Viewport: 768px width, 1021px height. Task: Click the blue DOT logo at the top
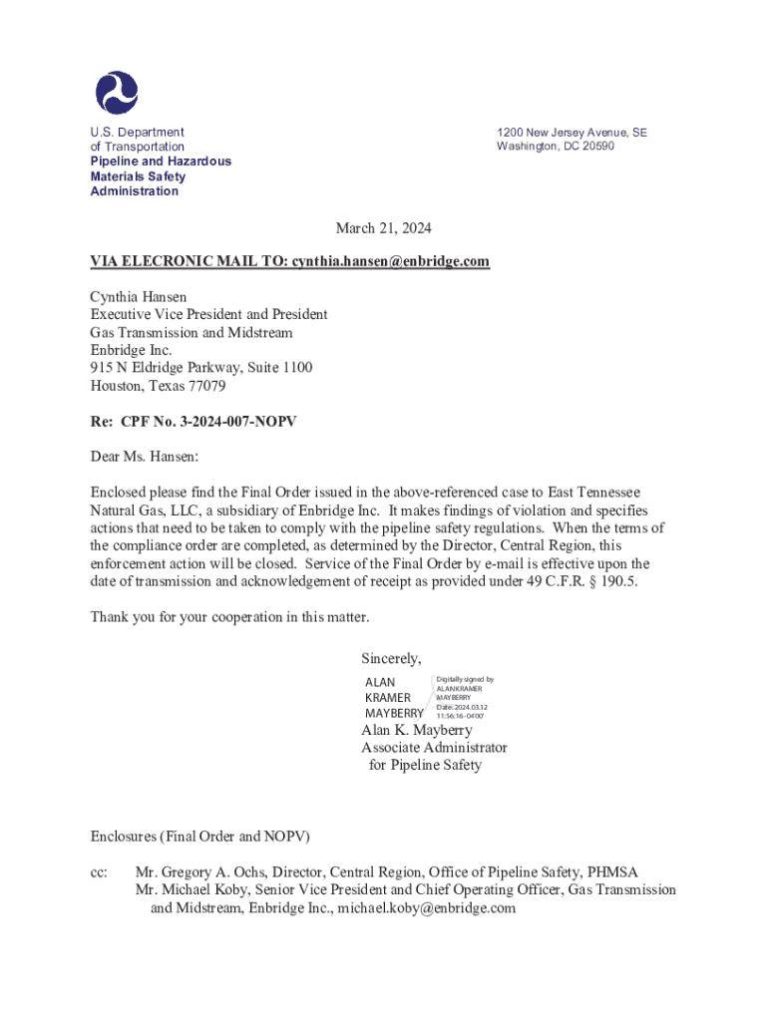tap(117, 92)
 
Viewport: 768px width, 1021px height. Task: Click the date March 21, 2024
tap(383, 228)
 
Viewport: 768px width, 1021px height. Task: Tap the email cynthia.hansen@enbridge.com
tap(391, 261)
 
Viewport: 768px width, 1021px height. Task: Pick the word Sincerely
tap(390, 658)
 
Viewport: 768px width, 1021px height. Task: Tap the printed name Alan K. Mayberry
tap(417, 730)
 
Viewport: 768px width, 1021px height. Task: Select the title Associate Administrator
tap(434, 748)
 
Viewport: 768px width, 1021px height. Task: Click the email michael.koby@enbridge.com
tap(426, 908)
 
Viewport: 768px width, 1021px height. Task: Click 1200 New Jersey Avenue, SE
tap(572, 132)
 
